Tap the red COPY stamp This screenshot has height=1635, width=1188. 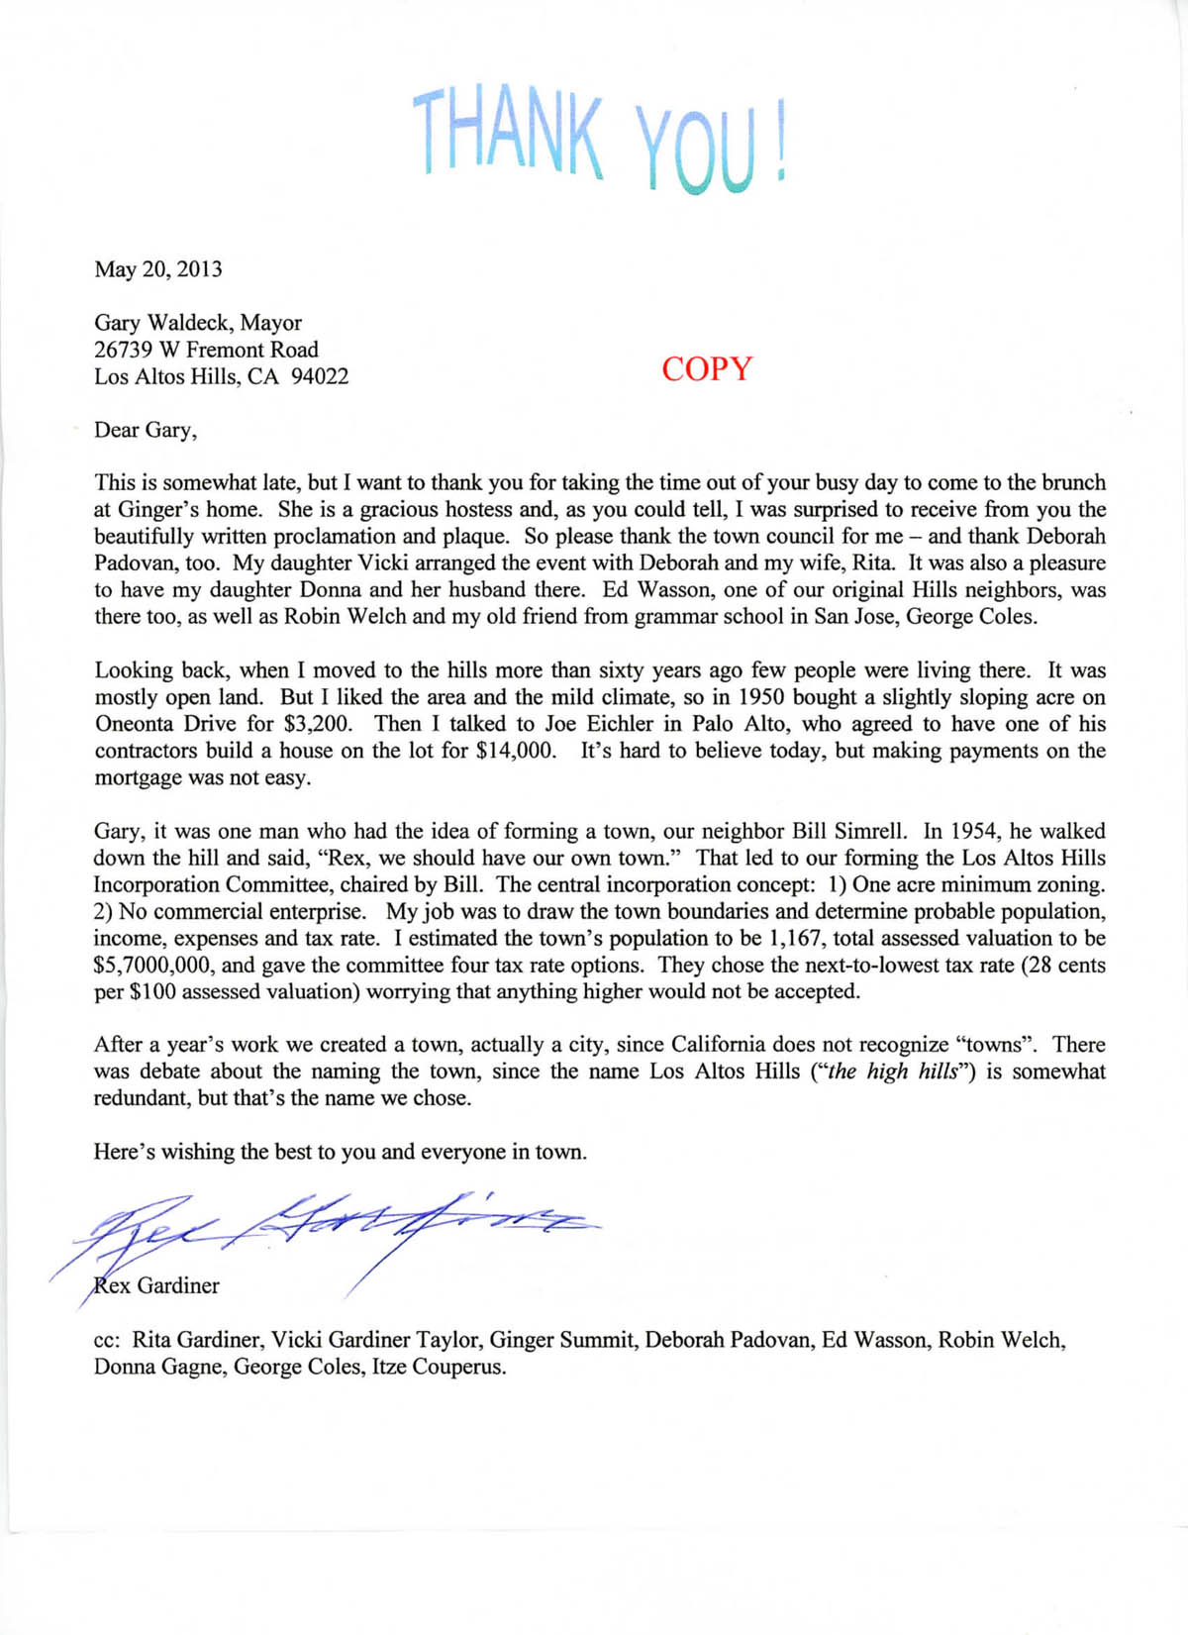(x=707, y=368)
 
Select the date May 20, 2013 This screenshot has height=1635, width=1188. (x=158, y=269)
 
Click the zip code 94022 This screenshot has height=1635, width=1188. (x=320, y=376)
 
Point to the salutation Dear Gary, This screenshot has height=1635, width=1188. (x=146, y=430)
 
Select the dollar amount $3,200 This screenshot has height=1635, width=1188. (x=317, y=724)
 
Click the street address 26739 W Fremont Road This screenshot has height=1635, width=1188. (x=206, y=350)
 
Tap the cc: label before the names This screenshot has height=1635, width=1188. (x=107, y=1341)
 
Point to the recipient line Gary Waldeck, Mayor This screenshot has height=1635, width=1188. (x=198, y=323)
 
